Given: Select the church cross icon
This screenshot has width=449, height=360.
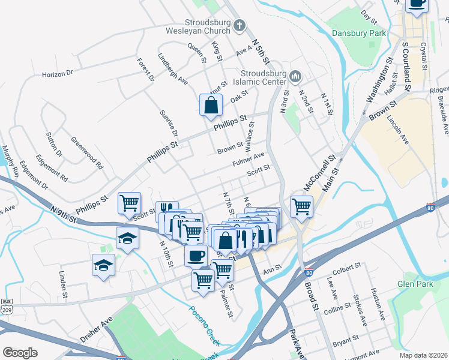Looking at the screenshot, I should (240, 26).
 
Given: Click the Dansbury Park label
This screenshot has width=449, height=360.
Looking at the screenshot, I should (359, 34).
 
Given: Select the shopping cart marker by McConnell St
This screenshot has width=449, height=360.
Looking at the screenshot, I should (301, 206).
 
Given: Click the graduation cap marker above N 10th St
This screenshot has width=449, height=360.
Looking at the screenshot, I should (127, 238).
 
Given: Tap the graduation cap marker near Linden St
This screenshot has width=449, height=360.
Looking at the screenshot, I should (103, 265).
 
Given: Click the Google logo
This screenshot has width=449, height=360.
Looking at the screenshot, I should (20, 353).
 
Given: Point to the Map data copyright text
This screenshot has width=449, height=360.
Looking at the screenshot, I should (423, 355).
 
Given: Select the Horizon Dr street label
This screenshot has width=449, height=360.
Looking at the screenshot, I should (57, 74).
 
